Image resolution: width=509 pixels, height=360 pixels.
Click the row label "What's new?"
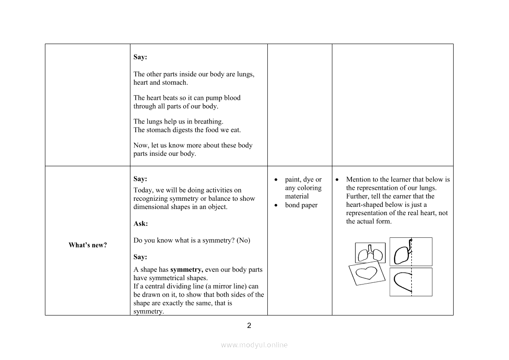pos(87,245)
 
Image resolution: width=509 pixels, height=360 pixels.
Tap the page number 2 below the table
pos(249,326)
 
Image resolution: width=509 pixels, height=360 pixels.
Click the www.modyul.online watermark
pos(254,345)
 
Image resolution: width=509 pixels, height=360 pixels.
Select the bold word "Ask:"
pos(140,224)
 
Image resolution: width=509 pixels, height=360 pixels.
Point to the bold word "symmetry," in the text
pos(187,270)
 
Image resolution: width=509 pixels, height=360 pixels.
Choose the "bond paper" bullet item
pos(301,205)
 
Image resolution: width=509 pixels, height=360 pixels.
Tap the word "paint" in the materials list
pos(293,179)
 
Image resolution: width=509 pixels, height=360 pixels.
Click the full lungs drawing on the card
pos(370,253)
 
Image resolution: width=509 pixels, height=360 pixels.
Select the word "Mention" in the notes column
pos(359,179)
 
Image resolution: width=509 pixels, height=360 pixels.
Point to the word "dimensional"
pos(151,207)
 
